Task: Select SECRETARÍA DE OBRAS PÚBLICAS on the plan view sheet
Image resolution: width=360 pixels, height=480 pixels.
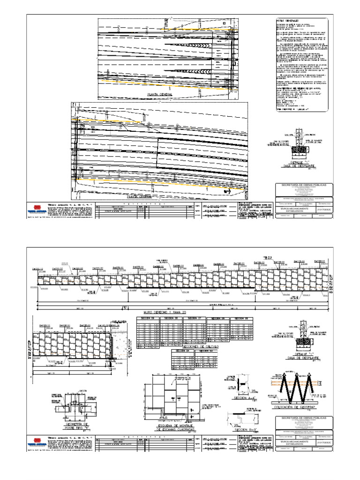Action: (x=305, y=186)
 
